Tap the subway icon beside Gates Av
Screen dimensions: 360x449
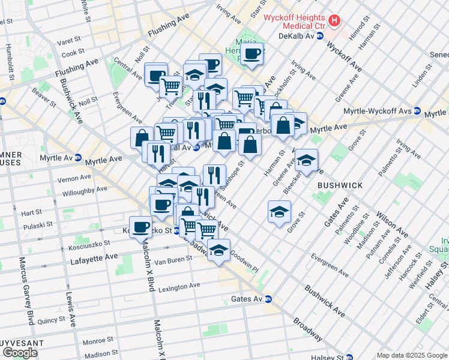pyautogui.click(x=269, y=299)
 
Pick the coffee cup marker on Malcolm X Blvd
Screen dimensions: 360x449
pyautogui.click(x=141, y=227)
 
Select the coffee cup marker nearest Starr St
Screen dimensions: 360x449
pyautogui.click(x=252, y=54)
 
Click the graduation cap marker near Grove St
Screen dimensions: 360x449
pyautogui.click(x=279, y=212)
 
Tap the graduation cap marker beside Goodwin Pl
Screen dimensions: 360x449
pyautogui.click(x=219, y=249)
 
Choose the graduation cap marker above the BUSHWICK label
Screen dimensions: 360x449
pyautogui.click(x=306, y=160)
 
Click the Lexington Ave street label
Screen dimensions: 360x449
pyautogui.click(x=178, y=286)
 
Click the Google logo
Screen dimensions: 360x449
pyautogui.click(x=20, y=352)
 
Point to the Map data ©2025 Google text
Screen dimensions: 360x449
pyautogui.click(x=411, y=355)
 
